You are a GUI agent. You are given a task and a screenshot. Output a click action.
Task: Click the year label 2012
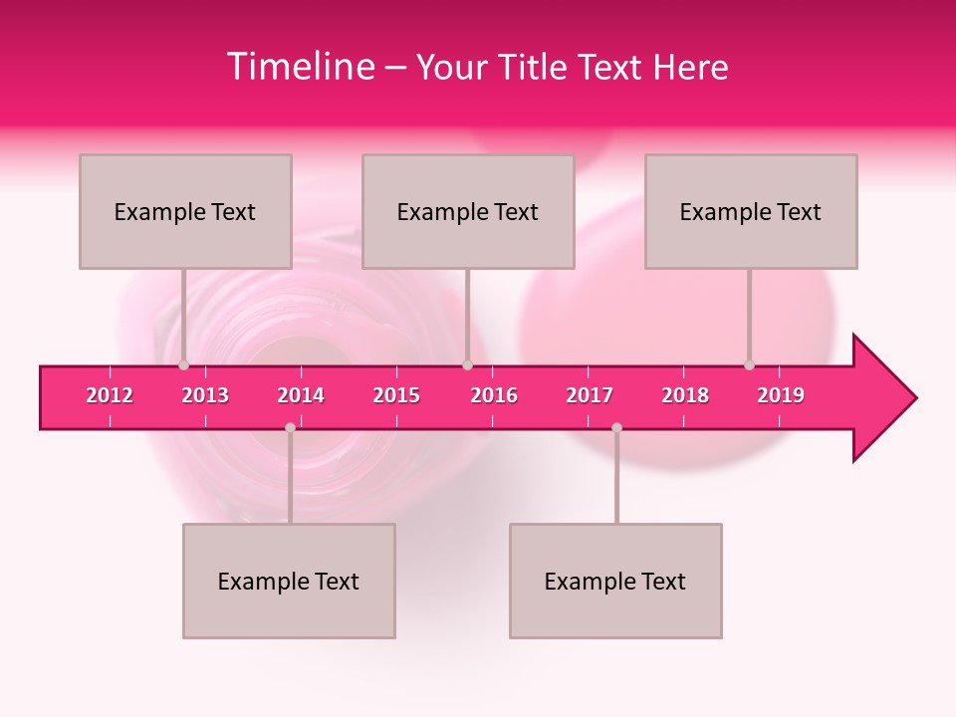[x=110, y=395]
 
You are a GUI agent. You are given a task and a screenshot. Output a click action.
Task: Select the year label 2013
[x=205, y=395]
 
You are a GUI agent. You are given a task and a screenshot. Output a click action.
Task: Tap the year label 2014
[x=301, y=395]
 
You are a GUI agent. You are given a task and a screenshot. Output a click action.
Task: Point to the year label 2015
[x=396, y=395]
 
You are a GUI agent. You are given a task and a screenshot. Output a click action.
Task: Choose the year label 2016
[x=494, y=395]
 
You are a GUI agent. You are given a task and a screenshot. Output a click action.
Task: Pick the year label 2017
[x=590, y=395]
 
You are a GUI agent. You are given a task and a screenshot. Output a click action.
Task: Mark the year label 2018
[x=685, y=395]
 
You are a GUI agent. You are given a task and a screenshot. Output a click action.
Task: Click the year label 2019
[x=781, y=395]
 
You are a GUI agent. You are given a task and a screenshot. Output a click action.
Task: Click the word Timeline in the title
[x=299, y=67]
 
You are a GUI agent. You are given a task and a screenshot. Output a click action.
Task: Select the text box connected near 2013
[x=185, y=211]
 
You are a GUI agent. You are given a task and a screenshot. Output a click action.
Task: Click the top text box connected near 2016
[x=468, y=211]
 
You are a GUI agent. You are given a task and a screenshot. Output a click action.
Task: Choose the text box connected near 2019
[x=751, y=211]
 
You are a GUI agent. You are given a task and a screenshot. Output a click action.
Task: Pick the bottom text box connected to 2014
[x=289, y=581]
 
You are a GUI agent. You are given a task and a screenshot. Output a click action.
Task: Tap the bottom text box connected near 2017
[x=615, y=581]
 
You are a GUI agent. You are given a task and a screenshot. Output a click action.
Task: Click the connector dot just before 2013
[x=183, y=365]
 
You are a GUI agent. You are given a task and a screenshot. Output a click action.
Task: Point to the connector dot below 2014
[x=290, y=428]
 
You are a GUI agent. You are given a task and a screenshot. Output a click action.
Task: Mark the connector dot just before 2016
[x=467, y=365]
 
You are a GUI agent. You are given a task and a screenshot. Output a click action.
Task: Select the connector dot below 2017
[x=616, y=428]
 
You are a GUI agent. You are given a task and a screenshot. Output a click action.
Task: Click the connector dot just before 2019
[x=749, y=365]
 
